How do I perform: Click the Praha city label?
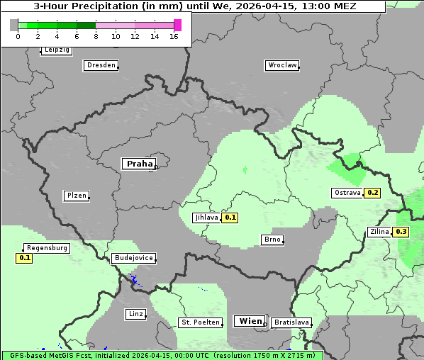tap(139, 164)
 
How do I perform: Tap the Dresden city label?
tap(100, 65)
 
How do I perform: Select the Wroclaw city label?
tap(281, 65)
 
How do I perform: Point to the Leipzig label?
tap(56, 50)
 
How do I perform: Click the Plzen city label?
tap(76, 196)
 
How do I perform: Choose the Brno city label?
tap(272, 240)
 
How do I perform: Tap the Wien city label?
tap(250, 321)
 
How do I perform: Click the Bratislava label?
tap(291, 322)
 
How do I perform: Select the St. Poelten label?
tap(201, 322)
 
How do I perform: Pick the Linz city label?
tap(135, 314)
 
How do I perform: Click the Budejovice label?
tap(133, 258)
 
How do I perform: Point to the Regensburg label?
tap(47, 248)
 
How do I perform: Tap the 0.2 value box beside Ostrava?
tap(373, 193)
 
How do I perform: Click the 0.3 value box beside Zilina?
tap(401, 232)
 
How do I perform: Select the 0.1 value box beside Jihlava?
tap(230, 218)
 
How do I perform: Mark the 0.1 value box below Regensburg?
tap(25, 258)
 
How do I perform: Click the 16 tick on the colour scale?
tap(174, 36)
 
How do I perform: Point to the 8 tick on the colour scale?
tap(96, 36)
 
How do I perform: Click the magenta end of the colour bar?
tap(177, 25)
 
